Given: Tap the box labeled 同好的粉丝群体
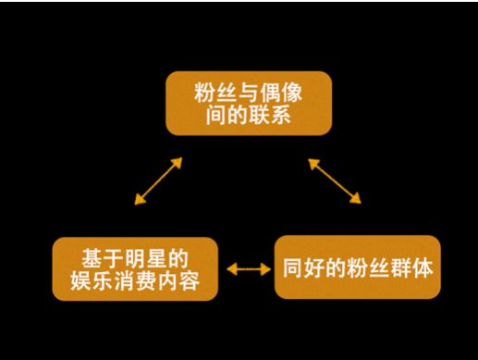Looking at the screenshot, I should [x=358, y=267].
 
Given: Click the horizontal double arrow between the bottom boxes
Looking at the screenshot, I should [x=246, y=269].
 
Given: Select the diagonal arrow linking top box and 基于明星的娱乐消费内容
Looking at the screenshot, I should [x=157, y=180].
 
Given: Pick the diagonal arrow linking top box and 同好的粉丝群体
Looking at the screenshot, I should [x=334, y=180].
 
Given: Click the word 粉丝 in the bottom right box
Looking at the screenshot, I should [x=369, y=268].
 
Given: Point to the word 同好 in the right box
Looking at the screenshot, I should [x=305, y=268].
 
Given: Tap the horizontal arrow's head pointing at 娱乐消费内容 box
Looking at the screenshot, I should [x=231, y=269].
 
